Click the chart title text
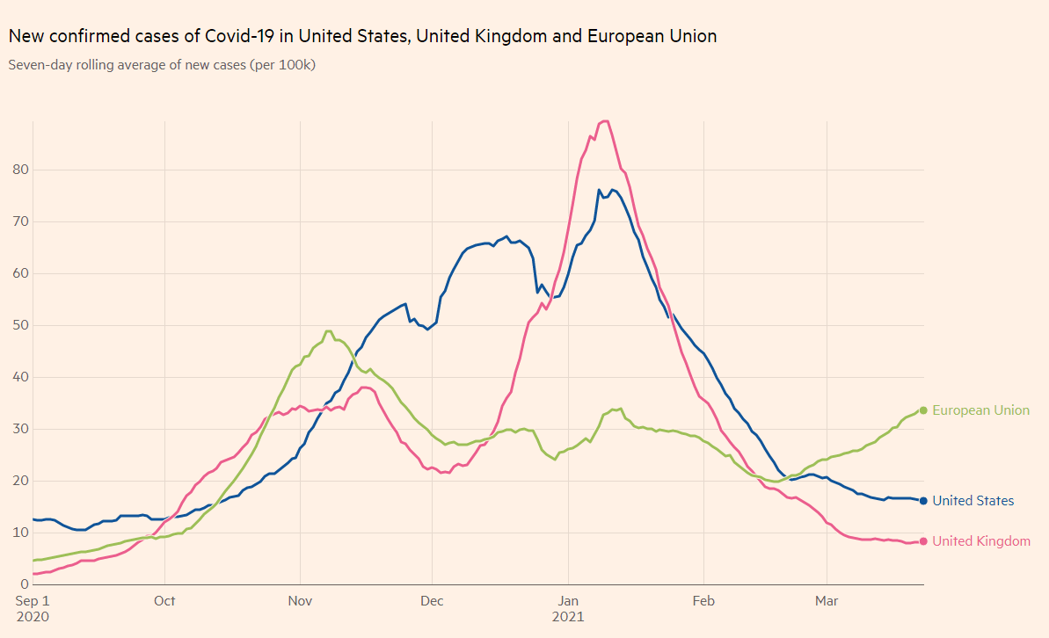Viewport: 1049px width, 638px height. coord(362,36)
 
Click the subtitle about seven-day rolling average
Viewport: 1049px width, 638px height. coord(162,65)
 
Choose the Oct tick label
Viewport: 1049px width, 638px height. coord(164,601)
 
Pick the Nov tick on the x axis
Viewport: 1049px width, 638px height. coord(300,601)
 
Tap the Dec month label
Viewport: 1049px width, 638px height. coord(432,601)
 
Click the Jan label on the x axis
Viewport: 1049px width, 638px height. coord(568,601)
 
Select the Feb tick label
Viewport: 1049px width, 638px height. coord(703,601)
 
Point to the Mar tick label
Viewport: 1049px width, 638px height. coord(827,601)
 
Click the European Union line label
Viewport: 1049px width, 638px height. coord(980,410)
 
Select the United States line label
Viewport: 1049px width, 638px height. coord(973,501)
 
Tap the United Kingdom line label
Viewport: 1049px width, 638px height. coord(980,541)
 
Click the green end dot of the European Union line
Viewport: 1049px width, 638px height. coord(923,410)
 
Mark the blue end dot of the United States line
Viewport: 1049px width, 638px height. coord(923,501)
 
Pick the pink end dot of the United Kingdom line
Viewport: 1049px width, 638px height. coord(923,541)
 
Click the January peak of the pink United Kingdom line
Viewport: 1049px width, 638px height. coord(604,121)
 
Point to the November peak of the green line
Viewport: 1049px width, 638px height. coord(328,331)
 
